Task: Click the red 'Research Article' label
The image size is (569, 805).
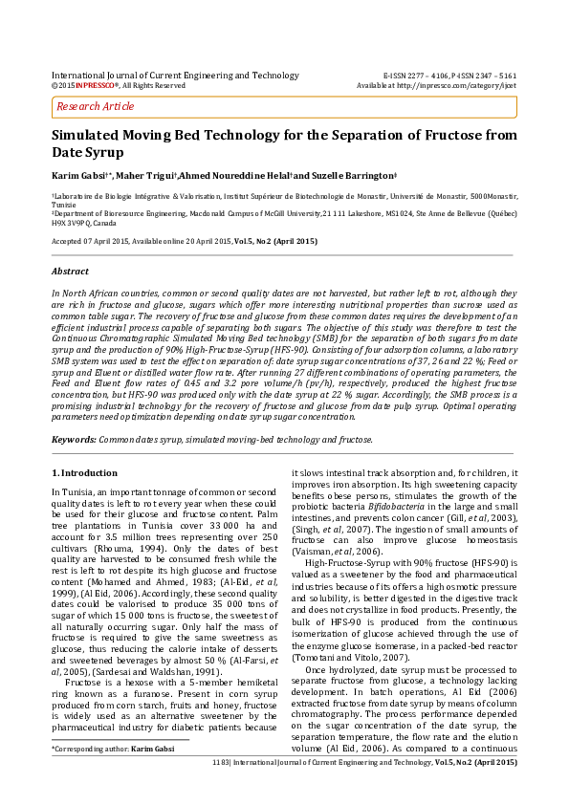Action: [x=96, y=106]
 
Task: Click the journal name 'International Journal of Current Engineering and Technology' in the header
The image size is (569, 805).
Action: [x=174, y=75]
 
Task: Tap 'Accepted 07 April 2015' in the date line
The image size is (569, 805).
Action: [x=92, y=241]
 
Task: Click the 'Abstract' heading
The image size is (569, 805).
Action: [x=69, y=272]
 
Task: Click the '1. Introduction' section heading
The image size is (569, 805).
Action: [x=83, y=473]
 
